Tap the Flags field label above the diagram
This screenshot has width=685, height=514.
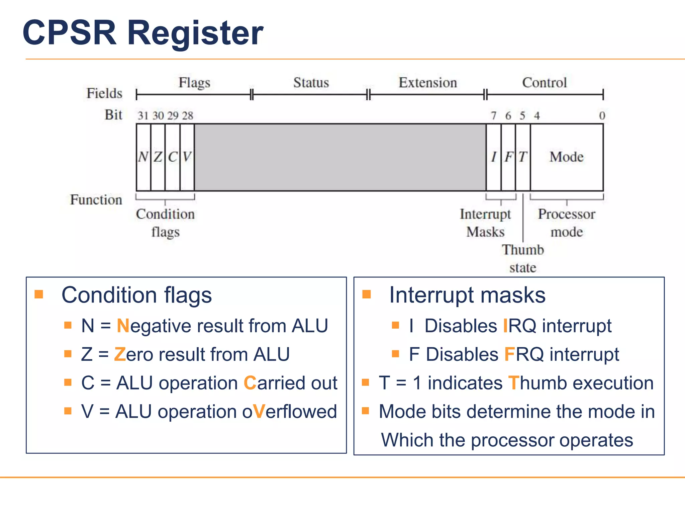pyautogui.click(x=194, y=83)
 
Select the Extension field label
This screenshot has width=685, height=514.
pyautogui.click(x=427, y=83)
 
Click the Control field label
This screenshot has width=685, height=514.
pyautogui.click(x=545, y=83)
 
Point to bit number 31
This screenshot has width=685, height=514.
pyautogui.click(x=143, y=116)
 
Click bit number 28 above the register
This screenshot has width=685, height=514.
pyautogui.click(x=188, y=116)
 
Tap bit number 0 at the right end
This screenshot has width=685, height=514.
pyautogui.click(x=602, y=116)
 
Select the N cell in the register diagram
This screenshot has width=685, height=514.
pyautogui.click(x=143, y=157)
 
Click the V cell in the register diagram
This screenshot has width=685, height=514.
pyautogui.click(x=187, y=157)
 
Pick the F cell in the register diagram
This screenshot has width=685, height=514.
pyautogui.click(x=508, y=157)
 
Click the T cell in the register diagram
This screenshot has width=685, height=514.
pyautogui.click(x=523, y=157)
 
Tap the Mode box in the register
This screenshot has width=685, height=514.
pyautogui.click(x=567, y=157)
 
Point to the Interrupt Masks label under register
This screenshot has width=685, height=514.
pyautogui.click(x=485, y=223)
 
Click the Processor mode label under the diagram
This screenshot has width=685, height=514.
pyautogui.click(x=567, y=223)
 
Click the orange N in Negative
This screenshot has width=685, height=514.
pyautogui.click(x=123, y=326)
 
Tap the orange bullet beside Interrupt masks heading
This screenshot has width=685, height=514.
pyautogui.click(x=367, y=294)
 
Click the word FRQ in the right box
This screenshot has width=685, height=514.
pyautogui.click(x=524, y=354)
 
